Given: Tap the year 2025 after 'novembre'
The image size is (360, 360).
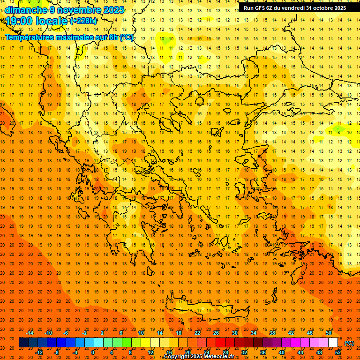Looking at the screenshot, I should click(x=113, y=10).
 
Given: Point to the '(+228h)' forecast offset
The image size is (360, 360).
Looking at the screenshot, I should click(x=84, y=21).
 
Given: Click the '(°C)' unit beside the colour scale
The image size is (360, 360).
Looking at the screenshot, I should click(x=349, y=343).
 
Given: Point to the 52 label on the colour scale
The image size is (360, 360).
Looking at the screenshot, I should click(x=338, y=352).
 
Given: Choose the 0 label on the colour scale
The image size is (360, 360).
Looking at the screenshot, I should click(x=93, y=352).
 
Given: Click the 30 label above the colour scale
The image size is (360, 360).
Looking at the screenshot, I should click(x=234, y=333).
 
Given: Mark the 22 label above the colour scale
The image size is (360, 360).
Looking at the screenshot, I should click(x=197, y=333).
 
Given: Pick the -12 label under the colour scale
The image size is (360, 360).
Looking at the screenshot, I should click(x=39, y=352).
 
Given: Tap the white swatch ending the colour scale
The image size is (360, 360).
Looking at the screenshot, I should click(x=333, y=343).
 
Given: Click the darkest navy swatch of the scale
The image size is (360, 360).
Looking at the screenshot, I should click(x=24, y=343).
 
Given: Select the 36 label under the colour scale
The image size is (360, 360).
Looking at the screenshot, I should click(x=262, y=352).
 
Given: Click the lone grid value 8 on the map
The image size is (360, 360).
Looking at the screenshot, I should click(x=338, y=132).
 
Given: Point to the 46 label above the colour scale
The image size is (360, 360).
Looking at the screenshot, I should click(x=310, y=333).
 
